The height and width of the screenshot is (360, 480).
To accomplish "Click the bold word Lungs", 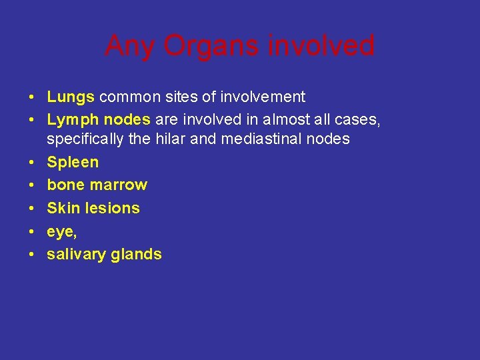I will (x=71, y=97).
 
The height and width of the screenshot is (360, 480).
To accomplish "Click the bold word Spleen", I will (x=73, y=162).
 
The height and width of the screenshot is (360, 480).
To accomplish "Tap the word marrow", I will (x=118, y=185).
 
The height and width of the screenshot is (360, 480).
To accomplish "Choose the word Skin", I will (x=63, y=208).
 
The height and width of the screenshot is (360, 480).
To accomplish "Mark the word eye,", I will (x=61, y=232).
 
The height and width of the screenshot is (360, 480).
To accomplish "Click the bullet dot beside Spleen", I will (x=32, y=162).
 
